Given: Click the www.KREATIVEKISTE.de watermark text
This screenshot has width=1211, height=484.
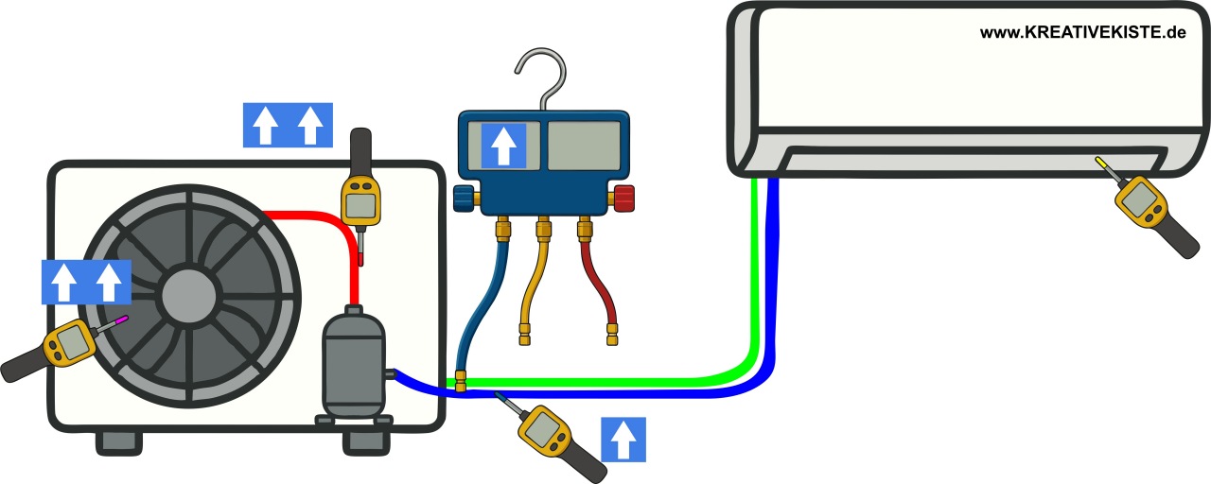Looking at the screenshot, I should (x=1082, y=32).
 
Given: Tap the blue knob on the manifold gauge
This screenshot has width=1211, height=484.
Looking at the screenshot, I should (x=464, y=199).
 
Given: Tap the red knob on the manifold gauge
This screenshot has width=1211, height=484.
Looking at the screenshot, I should (x=623, y=199).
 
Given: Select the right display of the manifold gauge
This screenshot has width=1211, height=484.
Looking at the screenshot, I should (x=583, y=145).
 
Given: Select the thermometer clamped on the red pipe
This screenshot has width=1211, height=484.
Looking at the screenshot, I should (x=360, y=194).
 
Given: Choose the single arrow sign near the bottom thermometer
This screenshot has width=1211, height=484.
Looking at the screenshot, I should (x=623, y=440).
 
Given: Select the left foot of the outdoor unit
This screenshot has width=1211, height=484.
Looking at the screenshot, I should (x=117, y=442).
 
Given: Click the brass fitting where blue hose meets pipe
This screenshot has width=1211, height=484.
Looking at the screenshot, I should (x=461, y=381).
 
